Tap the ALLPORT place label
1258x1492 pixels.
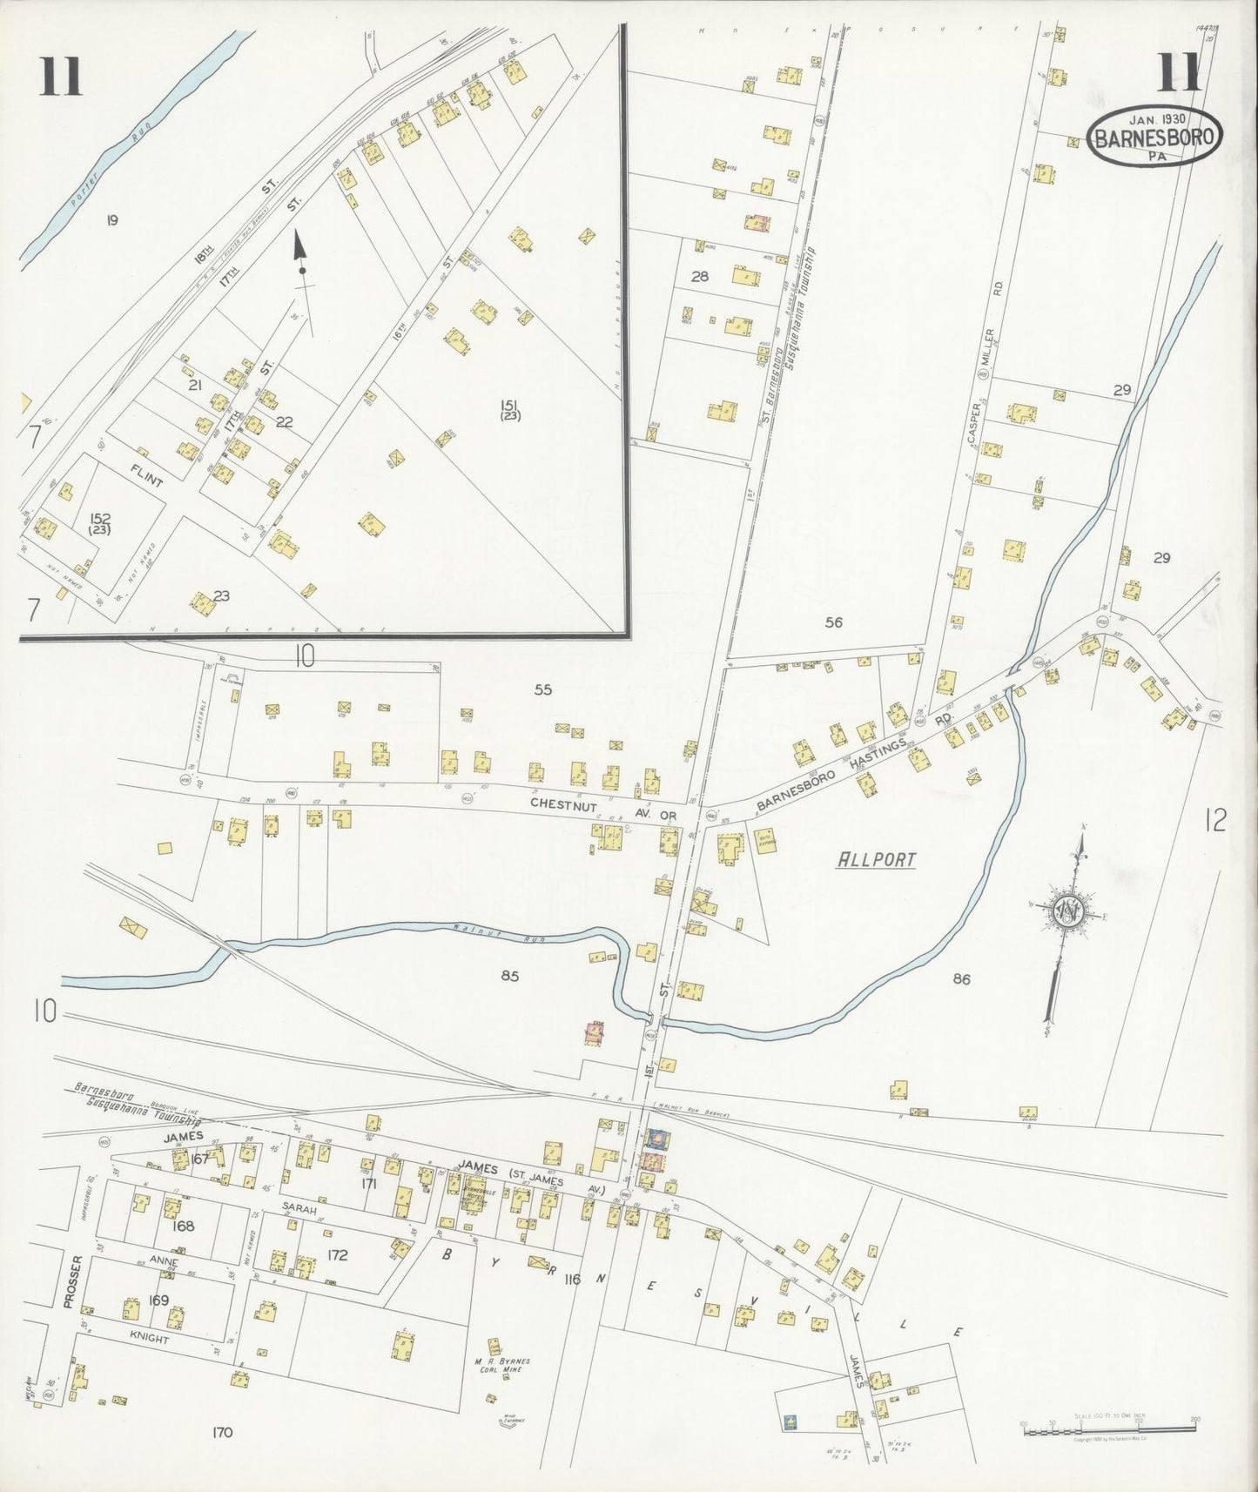click(x=876, y=860)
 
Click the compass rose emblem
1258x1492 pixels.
click(x=1066, y=911)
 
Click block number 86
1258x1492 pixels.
click(x=961, y=979)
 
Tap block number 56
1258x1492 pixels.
click(x=834, y=622)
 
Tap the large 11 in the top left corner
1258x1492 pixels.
click(x=60, y=77)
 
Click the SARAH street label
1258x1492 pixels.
click(x=298, y=1209)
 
